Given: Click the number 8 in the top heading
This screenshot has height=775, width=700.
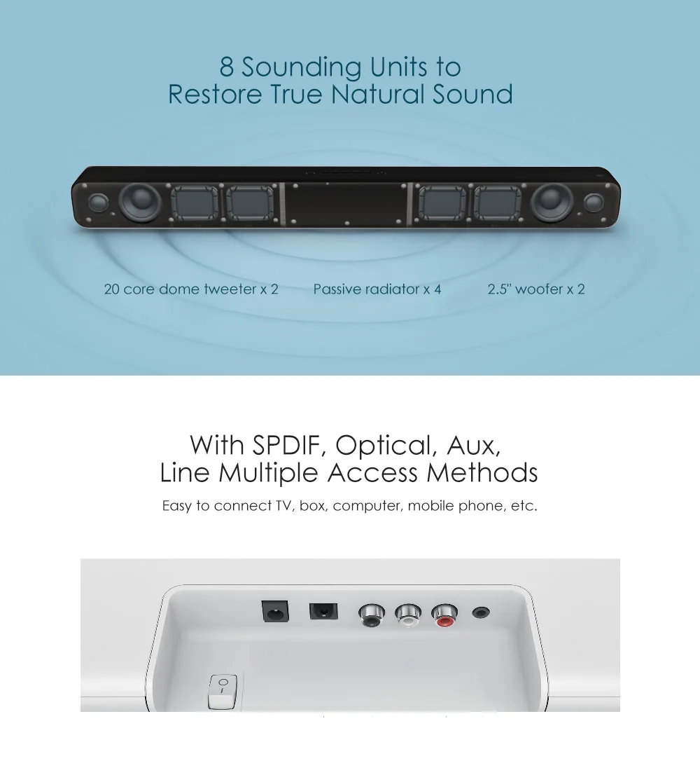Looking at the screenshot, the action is (227, 68).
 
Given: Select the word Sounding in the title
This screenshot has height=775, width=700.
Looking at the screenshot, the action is (301, 68).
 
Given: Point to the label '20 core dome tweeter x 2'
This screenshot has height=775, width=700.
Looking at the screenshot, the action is (191, 289).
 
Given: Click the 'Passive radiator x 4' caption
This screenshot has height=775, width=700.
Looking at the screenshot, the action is (377, 289).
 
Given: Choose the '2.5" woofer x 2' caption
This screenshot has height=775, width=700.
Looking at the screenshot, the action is (536, 289).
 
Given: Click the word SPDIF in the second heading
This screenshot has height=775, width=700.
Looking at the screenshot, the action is (287, 445).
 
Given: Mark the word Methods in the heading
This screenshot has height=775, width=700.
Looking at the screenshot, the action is (482, 473).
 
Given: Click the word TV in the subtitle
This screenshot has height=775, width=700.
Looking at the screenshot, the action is (282, 505).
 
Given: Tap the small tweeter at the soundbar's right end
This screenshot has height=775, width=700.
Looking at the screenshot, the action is (594, 203).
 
